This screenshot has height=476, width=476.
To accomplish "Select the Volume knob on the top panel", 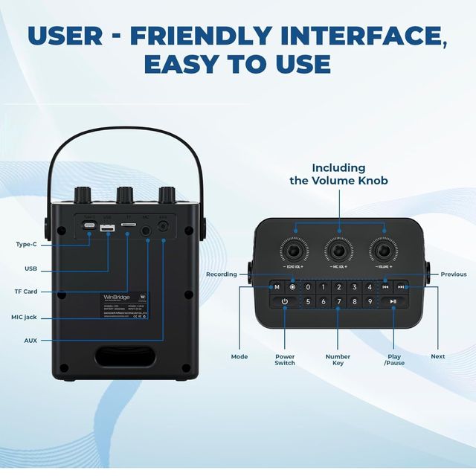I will point(385,248).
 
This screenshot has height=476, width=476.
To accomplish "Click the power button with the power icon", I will point(284,301).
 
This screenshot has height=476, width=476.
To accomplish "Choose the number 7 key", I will point(339,301).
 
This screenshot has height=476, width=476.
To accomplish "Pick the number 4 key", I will point(370,287).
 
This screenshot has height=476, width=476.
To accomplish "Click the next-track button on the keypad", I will point(401,287).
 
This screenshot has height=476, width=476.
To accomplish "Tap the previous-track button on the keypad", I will point(385,287).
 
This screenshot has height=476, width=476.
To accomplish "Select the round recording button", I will point(292,287).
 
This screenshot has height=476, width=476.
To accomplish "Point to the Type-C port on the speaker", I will point(89,226).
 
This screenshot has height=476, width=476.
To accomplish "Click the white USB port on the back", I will point(107,228).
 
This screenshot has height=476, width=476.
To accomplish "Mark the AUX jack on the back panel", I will point(163,228).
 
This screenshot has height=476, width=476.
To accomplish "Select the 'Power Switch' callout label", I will point(284,359).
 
